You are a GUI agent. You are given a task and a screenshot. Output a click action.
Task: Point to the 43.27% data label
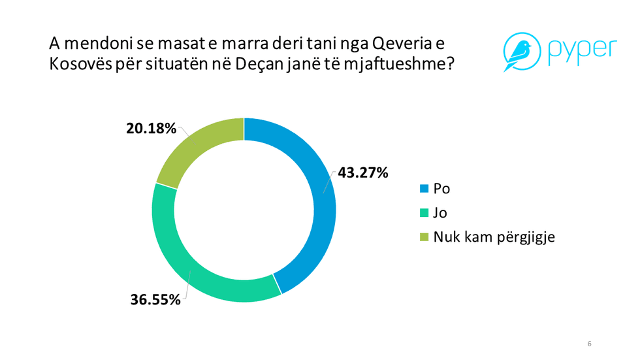(363, 173)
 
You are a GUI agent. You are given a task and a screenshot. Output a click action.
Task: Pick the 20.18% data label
(151, 129)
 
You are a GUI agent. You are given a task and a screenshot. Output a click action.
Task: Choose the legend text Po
(442, 189)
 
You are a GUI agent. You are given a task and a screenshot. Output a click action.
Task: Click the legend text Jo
(441, 213)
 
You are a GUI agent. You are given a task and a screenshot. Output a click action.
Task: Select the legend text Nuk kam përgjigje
(494, 237)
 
